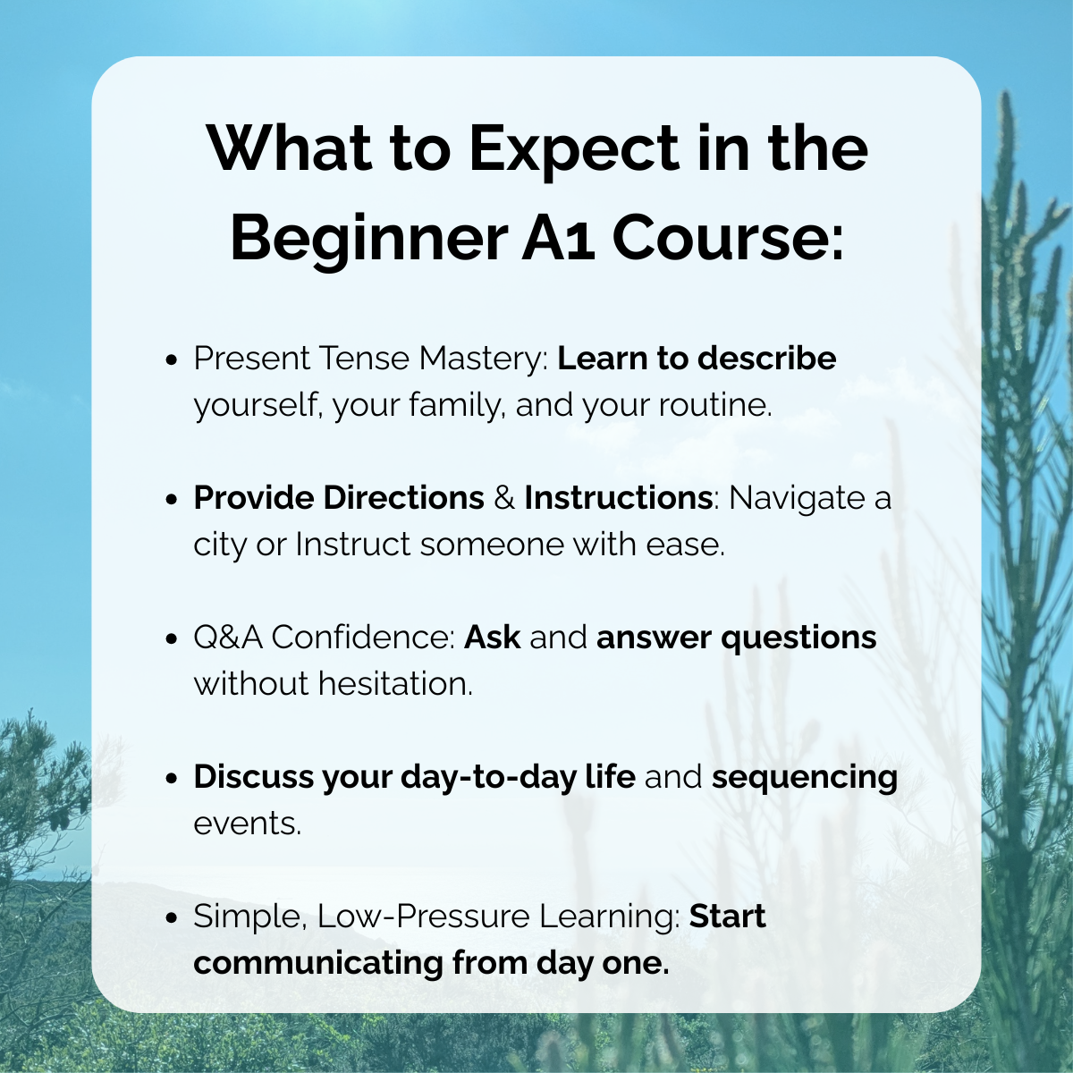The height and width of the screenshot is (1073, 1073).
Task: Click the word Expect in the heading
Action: (x=573, y=149)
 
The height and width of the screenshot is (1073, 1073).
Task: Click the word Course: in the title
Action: (x=727, y=239)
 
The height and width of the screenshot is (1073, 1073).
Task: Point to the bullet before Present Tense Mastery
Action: (x=173, y=359)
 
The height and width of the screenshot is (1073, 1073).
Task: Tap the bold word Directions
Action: (x=403, y=498)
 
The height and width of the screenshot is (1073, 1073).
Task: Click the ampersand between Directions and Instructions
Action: (x=504, y=498)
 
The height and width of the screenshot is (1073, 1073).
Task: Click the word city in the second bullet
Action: (x=220, y=545)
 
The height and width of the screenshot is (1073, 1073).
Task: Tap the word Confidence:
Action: (x=363, y=638)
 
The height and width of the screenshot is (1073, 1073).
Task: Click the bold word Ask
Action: (x=492, y=638)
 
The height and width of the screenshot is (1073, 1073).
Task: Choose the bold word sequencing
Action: (x=805, y=777)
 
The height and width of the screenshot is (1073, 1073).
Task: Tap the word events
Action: (x=247, y=824)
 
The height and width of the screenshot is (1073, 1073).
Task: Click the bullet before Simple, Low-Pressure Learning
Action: (x=173, y=917)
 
